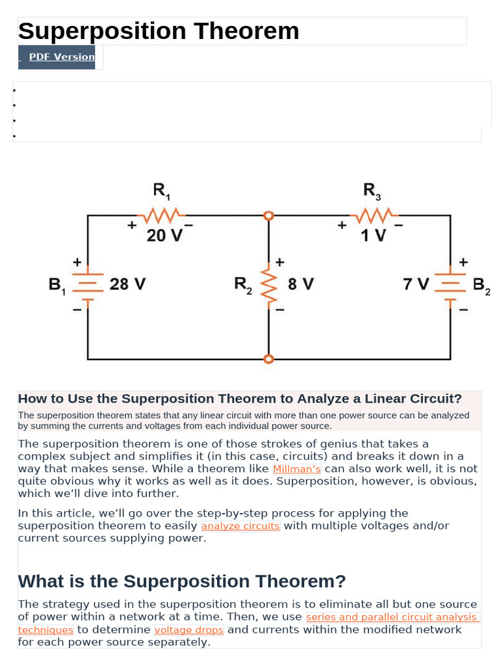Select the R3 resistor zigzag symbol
pyautogui.click(x=373, y=214)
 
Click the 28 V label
pyautogui.click(x=127, y=285)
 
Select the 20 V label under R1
pyautogui.click(x=164, y=235)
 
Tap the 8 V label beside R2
pyautogui.click(x=300, y=285)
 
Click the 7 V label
pyautogui.click(x=416, y=285)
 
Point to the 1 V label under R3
pyautogui.click(x=374, y=235)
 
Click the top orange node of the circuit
pyautogui.click(x=268, y=215)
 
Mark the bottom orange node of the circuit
pyautogui.click(x=268, y=359)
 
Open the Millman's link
pyautogui.click(x=297, y=469)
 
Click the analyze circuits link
pyautogui.click(x=240, y=526)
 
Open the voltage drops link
pyautogui.click(x=189, y=630)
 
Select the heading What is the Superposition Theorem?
pyautogui.click(x=182, y=581)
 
